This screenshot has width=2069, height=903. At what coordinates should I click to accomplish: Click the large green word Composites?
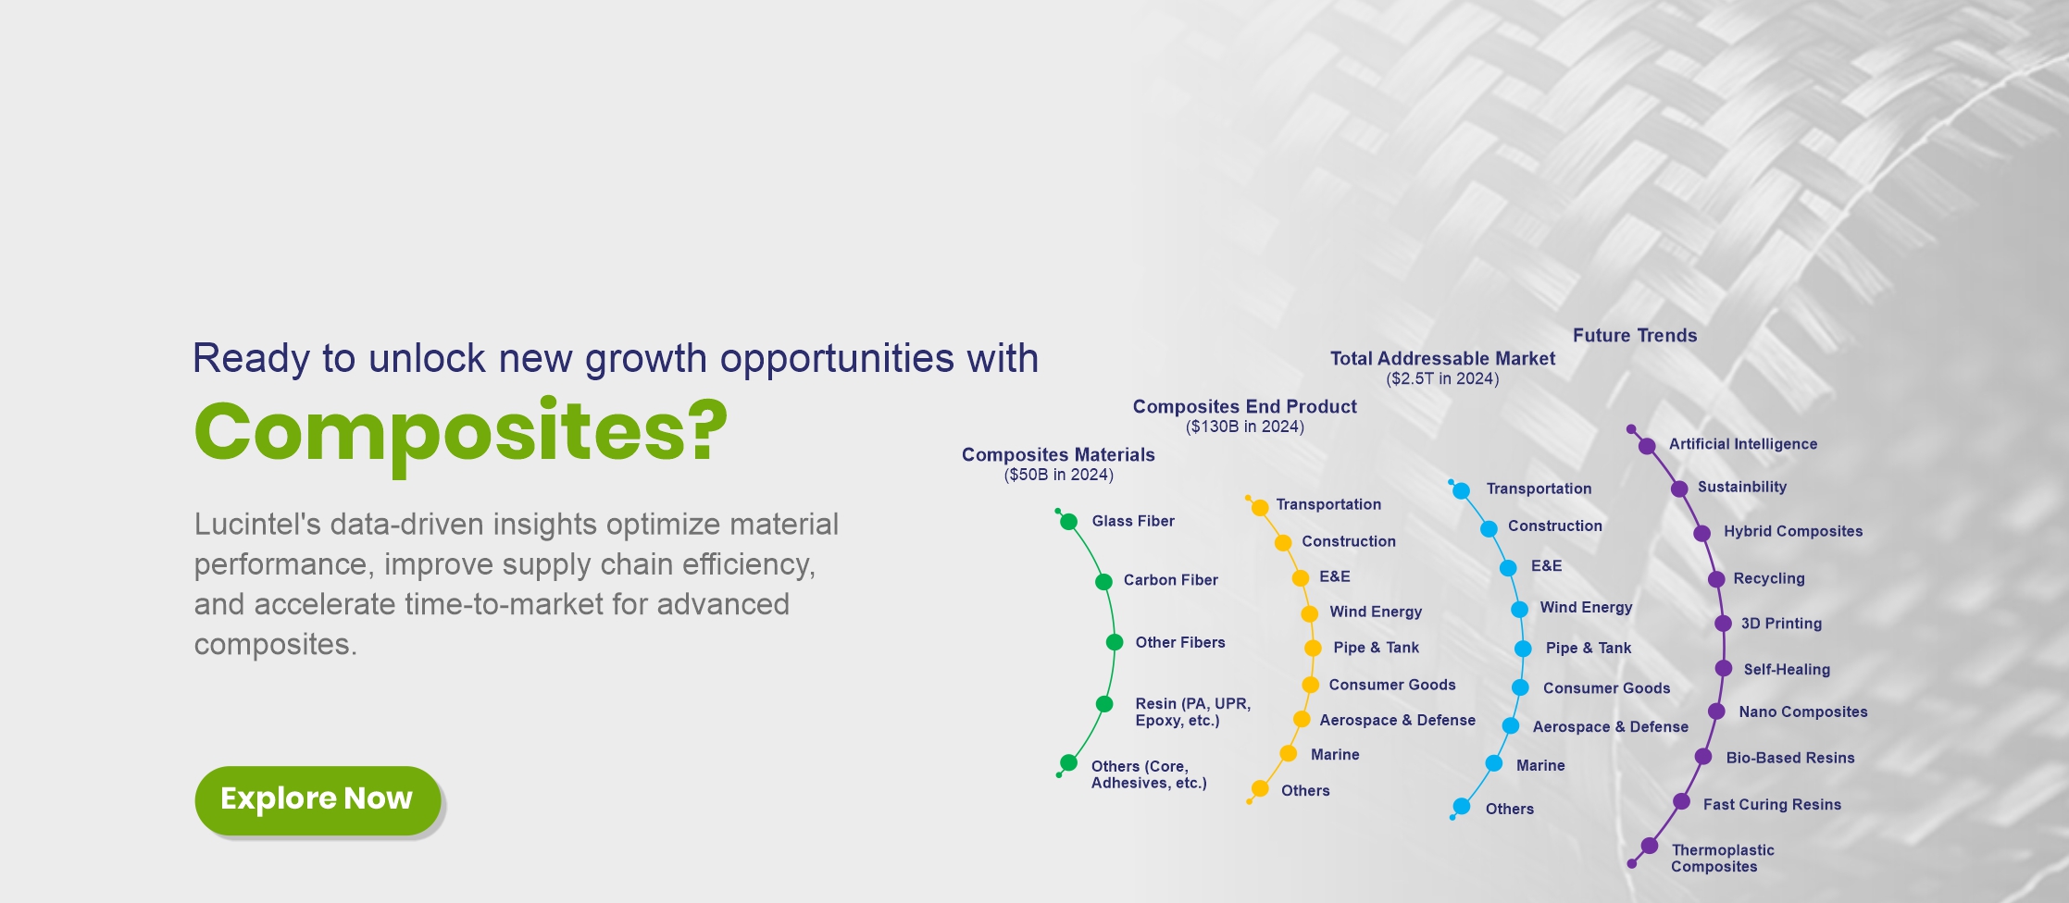[x=461, y=433]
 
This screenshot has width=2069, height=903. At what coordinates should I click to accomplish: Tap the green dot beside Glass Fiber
[x=1068, y=522]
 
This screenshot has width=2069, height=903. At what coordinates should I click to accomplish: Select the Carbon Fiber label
[x=1170, y=580]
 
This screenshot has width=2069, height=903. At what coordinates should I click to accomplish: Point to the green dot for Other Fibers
[x=1115, y=642]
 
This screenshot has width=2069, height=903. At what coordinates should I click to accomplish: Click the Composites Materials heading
[x=1058, y=454]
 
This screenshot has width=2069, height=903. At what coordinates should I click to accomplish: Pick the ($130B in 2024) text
[x=1244, y=427]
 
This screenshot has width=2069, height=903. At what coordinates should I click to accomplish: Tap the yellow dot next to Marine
[x=1288, y=754]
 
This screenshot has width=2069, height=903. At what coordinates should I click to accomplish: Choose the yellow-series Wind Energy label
[x=1376, y=612]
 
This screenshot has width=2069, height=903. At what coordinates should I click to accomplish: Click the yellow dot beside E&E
[x=1300, y=578]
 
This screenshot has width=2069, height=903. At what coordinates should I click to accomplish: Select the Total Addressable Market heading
[x=1442, y=358]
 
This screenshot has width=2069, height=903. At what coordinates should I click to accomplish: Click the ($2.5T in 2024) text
[x=1442, y=378]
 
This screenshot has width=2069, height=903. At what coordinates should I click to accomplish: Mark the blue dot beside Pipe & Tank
[x=1523, y=649]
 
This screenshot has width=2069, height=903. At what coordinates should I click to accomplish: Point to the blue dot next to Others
[x=1461, y=807]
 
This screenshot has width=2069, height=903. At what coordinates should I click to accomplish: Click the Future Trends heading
[x=1635, y=336]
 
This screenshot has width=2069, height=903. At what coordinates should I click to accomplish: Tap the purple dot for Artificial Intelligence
[x=1647, y=446]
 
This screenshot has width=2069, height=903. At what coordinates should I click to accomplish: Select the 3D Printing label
[x=1781, y=624]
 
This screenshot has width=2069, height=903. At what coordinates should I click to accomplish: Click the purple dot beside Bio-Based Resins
[x=1702, y=757]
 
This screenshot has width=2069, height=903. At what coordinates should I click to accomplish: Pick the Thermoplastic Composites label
[x=1722, y=859]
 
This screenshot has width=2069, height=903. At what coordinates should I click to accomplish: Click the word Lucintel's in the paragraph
[x=258, y=525]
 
